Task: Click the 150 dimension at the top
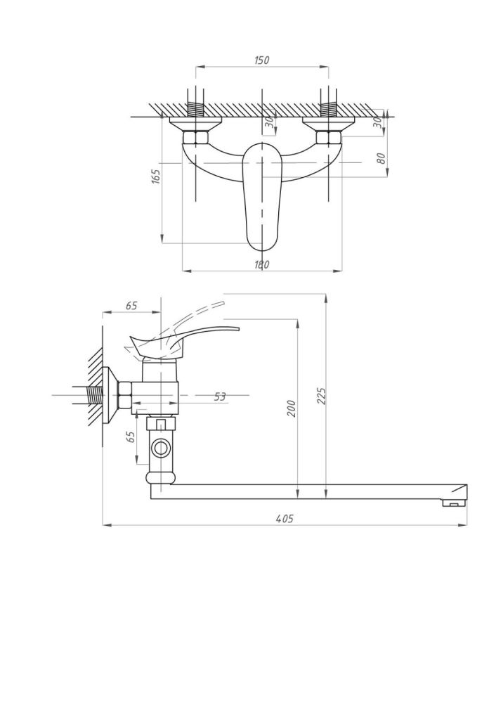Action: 261,60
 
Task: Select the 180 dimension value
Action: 261,264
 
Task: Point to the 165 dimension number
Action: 156,176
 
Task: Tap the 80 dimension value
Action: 381,159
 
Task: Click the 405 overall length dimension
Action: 284,519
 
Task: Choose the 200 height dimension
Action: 292,408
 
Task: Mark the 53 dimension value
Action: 220,396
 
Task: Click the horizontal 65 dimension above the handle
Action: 131,306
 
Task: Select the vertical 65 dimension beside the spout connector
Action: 130,436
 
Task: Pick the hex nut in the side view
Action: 126,396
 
